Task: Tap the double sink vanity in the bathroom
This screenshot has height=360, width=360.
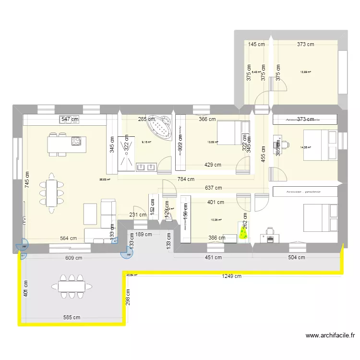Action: click(x=146, y=167)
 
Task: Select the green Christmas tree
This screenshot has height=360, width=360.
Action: click(x=244, y=233)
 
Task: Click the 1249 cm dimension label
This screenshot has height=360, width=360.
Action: click(x=232, y=276)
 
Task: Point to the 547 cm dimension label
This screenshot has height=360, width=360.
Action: click(x=69, y=119)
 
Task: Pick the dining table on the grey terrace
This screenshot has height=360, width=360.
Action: click(x=72, y=286)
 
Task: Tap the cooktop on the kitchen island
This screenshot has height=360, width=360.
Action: click(x=76, y=141)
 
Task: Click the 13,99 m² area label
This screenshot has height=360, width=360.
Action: click(x=305, y=72)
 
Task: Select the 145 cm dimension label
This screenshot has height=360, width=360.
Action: click(x=256, y=44)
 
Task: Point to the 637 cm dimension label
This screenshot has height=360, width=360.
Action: click(x=213, y=188)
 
